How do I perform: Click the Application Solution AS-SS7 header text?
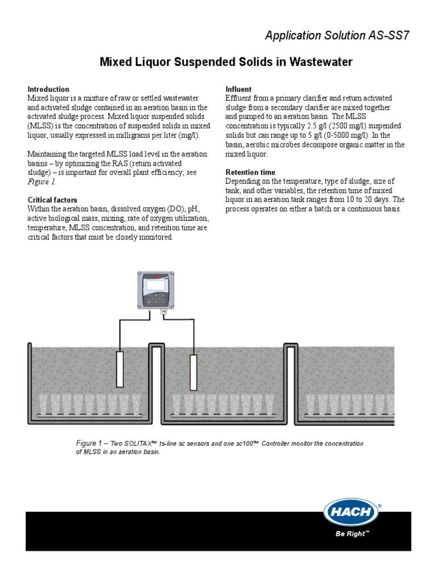pos(337,36)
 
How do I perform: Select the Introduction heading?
pos(48,89)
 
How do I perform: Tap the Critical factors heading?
pos(52,200)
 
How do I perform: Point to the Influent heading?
pos(239,89)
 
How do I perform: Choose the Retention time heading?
pos(250,172)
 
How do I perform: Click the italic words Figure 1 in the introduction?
pos(42,183)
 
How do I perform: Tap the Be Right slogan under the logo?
pos(351,534)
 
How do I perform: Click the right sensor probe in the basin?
pos(193,372)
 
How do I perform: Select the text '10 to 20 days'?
pos(370,200)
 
